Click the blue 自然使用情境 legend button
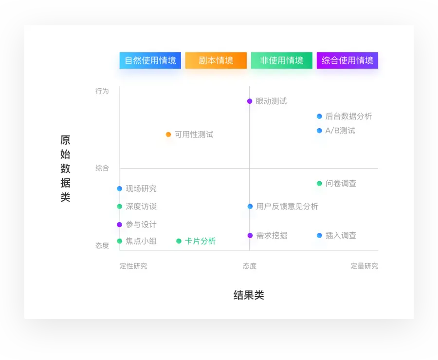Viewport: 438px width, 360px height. click(150, 60)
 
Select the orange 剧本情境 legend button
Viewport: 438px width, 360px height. click(216, 60)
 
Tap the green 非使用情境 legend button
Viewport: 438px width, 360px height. click(282, 60)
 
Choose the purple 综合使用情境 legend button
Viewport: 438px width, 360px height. click(347, 60)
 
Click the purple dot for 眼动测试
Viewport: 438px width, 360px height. click(250, 101)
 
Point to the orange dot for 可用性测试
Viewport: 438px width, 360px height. click(168, 134)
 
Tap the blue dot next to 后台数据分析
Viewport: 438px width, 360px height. click(319, 116)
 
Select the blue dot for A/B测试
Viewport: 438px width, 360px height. click(319, 131)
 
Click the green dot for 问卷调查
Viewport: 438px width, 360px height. click(319, 184)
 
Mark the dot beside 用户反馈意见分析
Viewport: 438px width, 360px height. click(250, 207)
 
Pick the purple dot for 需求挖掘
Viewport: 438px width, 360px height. click(250, 235)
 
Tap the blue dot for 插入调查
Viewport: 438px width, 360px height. click(319, 235)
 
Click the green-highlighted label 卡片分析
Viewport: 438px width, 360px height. click(200, 241)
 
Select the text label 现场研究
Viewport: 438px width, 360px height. click(141, 189)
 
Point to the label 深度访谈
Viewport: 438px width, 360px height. click(141, 207)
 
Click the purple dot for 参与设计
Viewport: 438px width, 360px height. click(120, 225)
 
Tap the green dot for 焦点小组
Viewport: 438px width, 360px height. click(120, 241)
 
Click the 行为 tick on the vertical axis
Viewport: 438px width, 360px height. click(102, 91)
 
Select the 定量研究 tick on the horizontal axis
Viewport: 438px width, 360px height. click(364, 266)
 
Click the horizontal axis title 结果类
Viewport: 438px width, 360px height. click(249, 295)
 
